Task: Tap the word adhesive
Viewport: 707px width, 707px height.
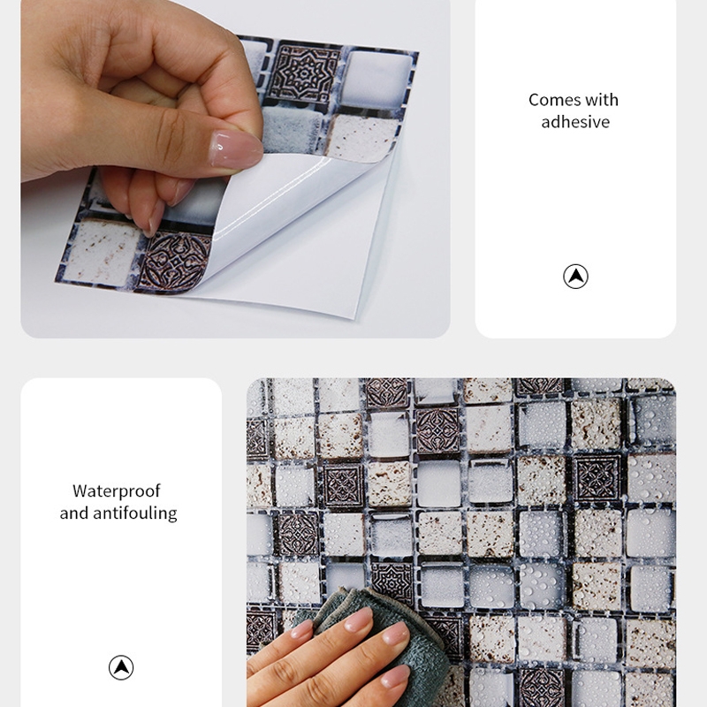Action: [575, 122]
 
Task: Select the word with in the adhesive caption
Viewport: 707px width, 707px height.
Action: [602, 100]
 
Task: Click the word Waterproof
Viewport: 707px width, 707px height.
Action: [117, 491]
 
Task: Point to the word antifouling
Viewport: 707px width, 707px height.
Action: [135, 513]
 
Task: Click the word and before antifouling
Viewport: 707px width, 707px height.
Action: [74, 513]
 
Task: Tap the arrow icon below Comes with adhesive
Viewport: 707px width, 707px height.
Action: [575, 277]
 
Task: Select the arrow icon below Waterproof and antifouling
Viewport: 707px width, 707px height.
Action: [121, 667]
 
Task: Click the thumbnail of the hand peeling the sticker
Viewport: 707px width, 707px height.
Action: [235, 169]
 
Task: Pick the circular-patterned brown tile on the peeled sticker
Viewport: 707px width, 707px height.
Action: [173, 262]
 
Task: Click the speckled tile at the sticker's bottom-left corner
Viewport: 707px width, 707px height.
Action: [102, 252]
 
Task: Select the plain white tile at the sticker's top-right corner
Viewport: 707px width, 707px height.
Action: [378, 79]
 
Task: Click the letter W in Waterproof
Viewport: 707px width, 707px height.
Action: [80, 490]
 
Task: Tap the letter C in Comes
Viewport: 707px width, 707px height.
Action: [535, 100]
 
